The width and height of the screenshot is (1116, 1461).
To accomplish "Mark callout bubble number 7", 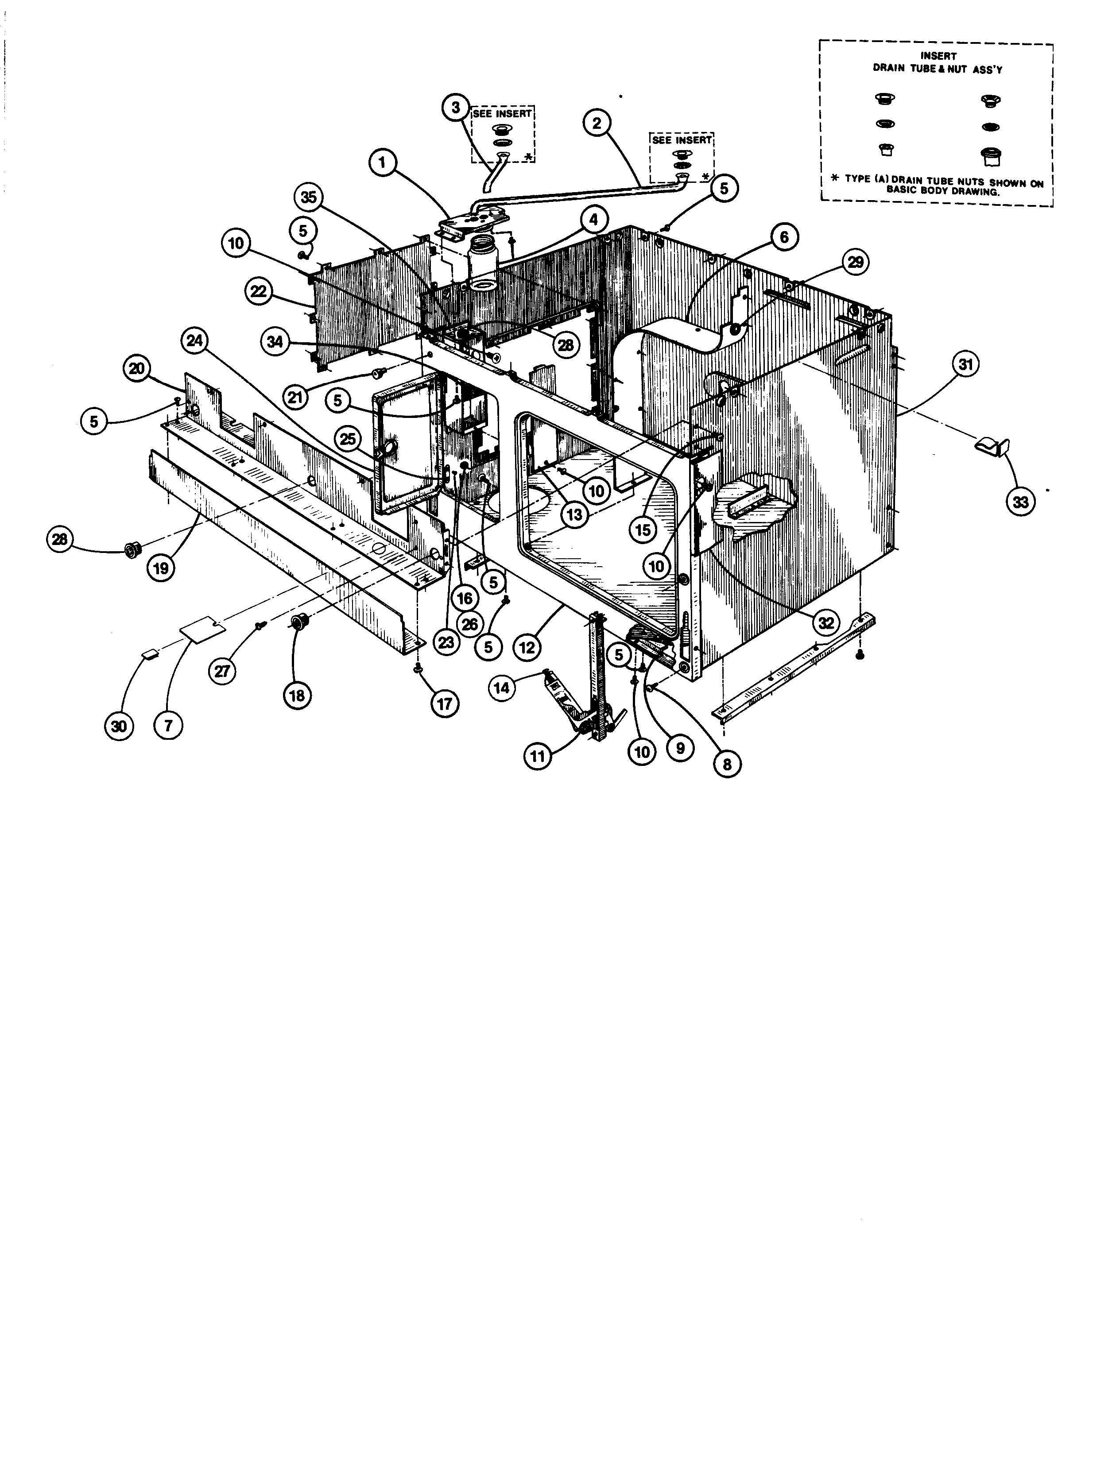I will point(169,726).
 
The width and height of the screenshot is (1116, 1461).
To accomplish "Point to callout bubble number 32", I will point(825,622).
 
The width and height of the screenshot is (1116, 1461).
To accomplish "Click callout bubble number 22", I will point(259,291).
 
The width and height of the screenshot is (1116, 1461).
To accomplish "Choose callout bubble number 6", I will point(785,237).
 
